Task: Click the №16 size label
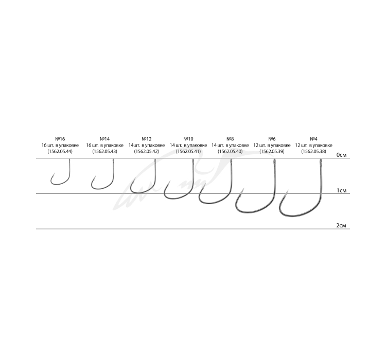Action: pyautogui.click(x=60, y=139)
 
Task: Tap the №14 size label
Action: pyautogui.click(x=104, y=139)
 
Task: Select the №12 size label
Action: pyautogui.click(x=147, y=139)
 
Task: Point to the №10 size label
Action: pyautogui.click(x=188, y=139)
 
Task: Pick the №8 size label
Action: pyautogui.click(x=230, y=139)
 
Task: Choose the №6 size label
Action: pyautogui.click(x=272, y=139)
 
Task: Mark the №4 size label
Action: pyautogui.click(x=313, y=139)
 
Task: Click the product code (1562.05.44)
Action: pyautogui.click(x=60, y=151)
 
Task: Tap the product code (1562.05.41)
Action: pyautogui.click(x=188, y=151)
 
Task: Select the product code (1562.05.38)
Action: pyautogui.click(x=313, y=151)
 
